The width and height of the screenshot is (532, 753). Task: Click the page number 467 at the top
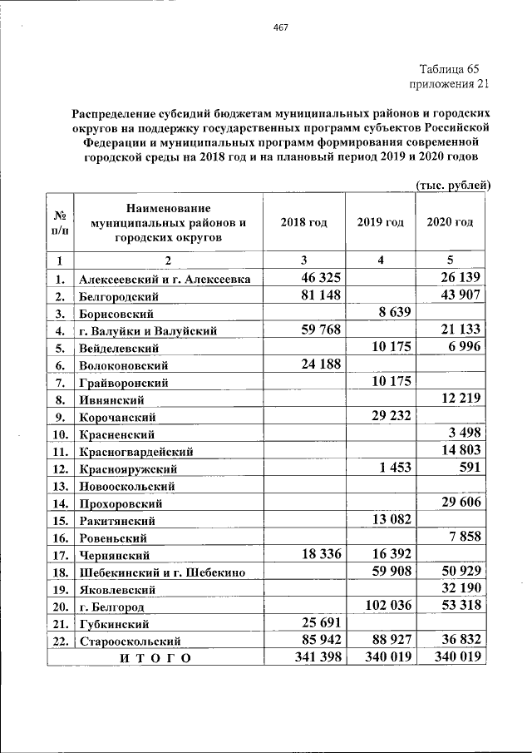point(280,28)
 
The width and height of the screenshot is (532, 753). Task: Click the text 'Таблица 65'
point(450,68)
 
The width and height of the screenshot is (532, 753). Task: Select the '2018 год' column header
point(303,222)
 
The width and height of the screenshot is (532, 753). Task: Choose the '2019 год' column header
point(380,222)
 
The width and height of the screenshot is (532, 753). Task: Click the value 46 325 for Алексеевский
point(310,277)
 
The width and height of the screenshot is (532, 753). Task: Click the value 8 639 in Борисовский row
point(390,313)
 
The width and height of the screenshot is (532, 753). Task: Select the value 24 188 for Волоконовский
point(310,364)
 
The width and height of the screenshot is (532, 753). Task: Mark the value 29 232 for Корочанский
point(386,416)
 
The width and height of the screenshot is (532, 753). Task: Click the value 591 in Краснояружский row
point(469,468)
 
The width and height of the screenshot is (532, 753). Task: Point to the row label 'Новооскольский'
point(126,486)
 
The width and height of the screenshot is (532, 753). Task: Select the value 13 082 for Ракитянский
point(386,520)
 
